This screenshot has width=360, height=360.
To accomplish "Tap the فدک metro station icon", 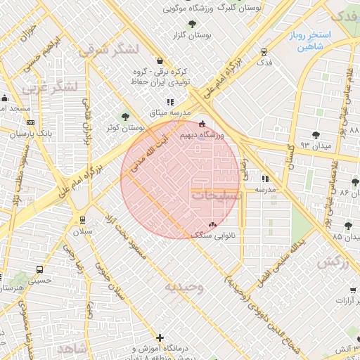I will point(264,51).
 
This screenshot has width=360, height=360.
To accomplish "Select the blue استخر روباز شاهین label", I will point(303,41).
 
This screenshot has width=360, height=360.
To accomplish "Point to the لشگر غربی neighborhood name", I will point(49,89).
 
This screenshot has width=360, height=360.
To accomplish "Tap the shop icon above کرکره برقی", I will point(160,60).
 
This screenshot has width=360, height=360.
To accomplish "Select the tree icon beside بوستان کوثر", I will point(126,117).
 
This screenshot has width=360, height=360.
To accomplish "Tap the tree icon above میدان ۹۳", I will point(314,134).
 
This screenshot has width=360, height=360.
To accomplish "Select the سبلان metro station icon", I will point(84,219).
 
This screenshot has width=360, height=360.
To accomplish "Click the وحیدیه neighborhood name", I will point(184,287).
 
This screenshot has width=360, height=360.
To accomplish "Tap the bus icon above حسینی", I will point(40,269).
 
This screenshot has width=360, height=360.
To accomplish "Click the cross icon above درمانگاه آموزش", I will point(160,338).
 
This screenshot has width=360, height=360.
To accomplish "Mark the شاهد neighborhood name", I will point(72,349).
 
